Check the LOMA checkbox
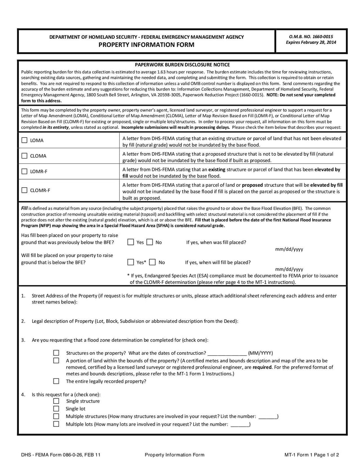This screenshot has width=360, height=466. coord(24,140)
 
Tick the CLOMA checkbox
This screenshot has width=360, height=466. coord(24,156)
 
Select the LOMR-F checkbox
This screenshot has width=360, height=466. coord(24,172)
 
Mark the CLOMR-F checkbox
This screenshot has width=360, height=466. coord(24,190)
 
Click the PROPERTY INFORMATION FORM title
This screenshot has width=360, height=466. coord(147,45)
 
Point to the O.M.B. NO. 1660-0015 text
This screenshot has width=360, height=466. coord(311,36)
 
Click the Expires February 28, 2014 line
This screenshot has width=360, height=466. coord(311,43)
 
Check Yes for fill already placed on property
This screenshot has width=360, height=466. coord(130,242)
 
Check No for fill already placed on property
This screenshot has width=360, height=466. coord(150,242)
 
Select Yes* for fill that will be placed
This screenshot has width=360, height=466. coord(130,262)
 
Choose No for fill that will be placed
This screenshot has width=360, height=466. coord(153,262)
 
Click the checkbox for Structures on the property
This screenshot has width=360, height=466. coord(56,353)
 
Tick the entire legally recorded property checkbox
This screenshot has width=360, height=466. coord(56,381)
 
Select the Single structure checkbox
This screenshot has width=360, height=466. coord(56,401)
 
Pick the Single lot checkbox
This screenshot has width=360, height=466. coord(56,409)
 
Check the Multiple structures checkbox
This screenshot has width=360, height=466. coord(56,416)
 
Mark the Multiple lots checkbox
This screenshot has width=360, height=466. coord(56,424)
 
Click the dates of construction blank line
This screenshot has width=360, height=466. coord(227,353)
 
